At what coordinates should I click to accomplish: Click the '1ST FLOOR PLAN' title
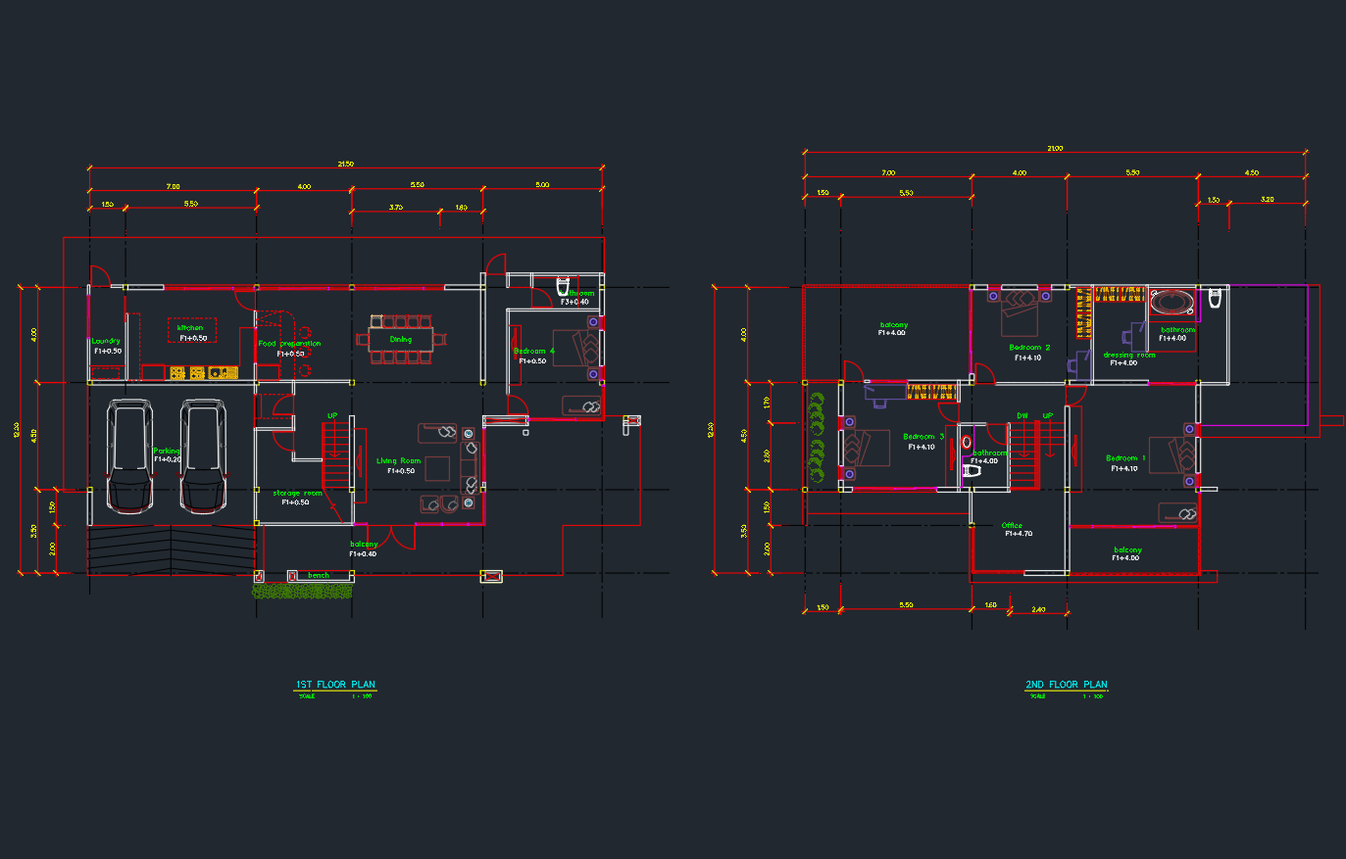(x=335, y=685)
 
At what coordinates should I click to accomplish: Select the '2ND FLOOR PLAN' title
(x=1066, y=685)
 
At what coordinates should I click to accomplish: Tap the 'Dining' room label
(x=401, y=340)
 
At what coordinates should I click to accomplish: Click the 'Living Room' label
(x=398, y=460)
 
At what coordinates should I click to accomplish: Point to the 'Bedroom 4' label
(x=533, y=351)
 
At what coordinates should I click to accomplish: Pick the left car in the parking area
(x=129, y=455)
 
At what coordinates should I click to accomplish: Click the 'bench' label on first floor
(x=319, y=575)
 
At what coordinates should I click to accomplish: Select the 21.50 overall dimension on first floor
(x=345, y=164)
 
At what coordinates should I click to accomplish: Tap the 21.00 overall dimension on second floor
(x=1055, y=149)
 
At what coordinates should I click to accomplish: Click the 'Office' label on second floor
(x=1012, y=526)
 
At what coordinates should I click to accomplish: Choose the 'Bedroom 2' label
(x=1029, y=348)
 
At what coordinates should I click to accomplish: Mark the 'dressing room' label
(x=1129, y=355)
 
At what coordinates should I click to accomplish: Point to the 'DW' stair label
(x=1022, y=415)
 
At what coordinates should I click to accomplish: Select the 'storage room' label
(x=297, y=493)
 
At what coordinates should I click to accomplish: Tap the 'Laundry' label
(x=106, y=341)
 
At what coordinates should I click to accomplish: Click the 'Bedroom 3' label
(x=923, y=437)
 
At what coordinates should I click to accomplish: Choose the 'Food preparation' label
(x=289, y=344)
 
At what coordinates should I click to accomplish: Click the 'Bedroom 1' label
(x=1124, y=458)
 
